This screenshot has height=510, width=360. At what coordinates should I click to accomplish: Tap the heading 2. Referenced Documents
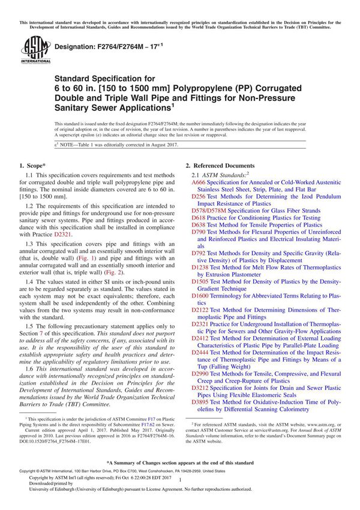tap(220, 165)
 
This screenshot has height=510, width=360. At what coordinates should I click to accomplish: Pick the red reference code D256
tap(199, 196)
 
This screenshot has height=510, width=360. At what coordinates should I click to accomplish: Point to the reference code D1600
tap(200, 296)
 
